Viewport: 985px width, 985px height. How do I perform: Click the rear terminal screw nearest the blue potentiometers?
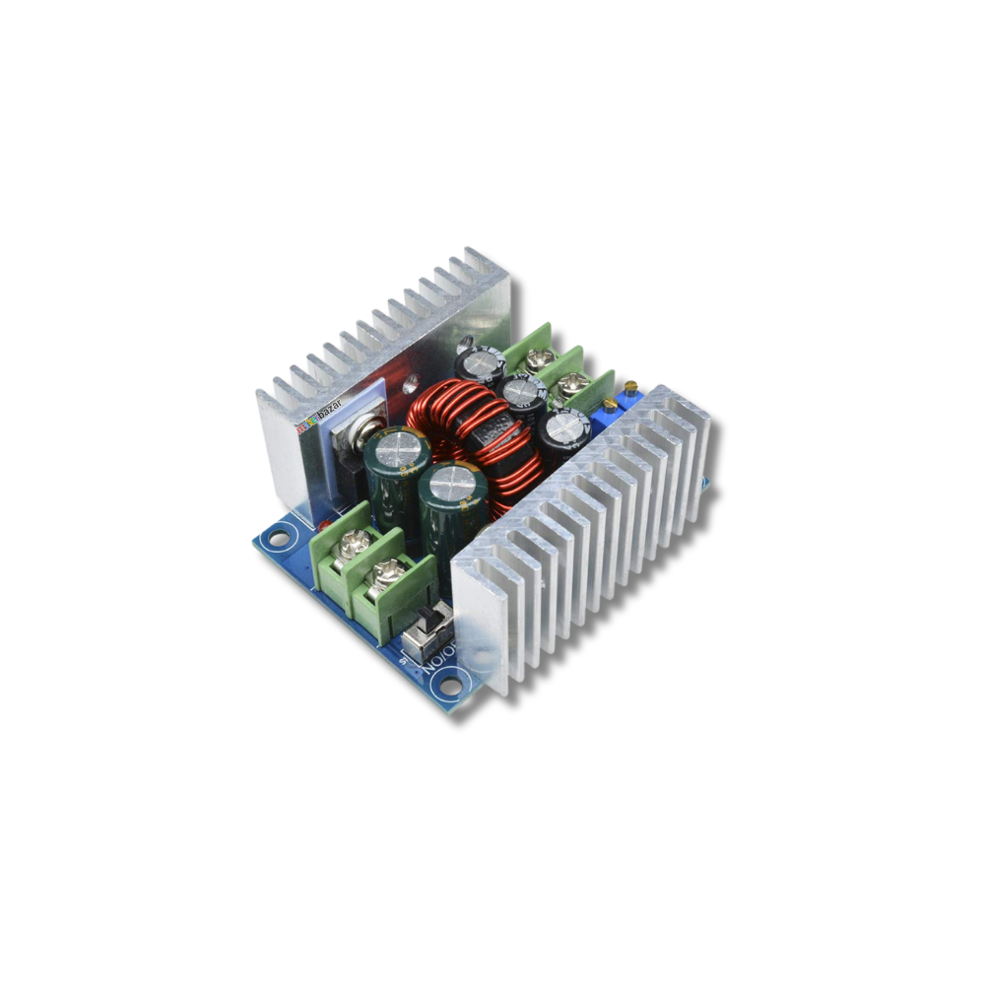(x=574, y=383)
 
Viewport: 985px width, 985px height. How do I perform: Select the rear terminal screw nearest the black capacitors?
(x=539, y=361)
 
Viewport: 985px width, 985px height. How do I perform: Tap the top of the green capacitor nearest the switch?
(x=454, y=483)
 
